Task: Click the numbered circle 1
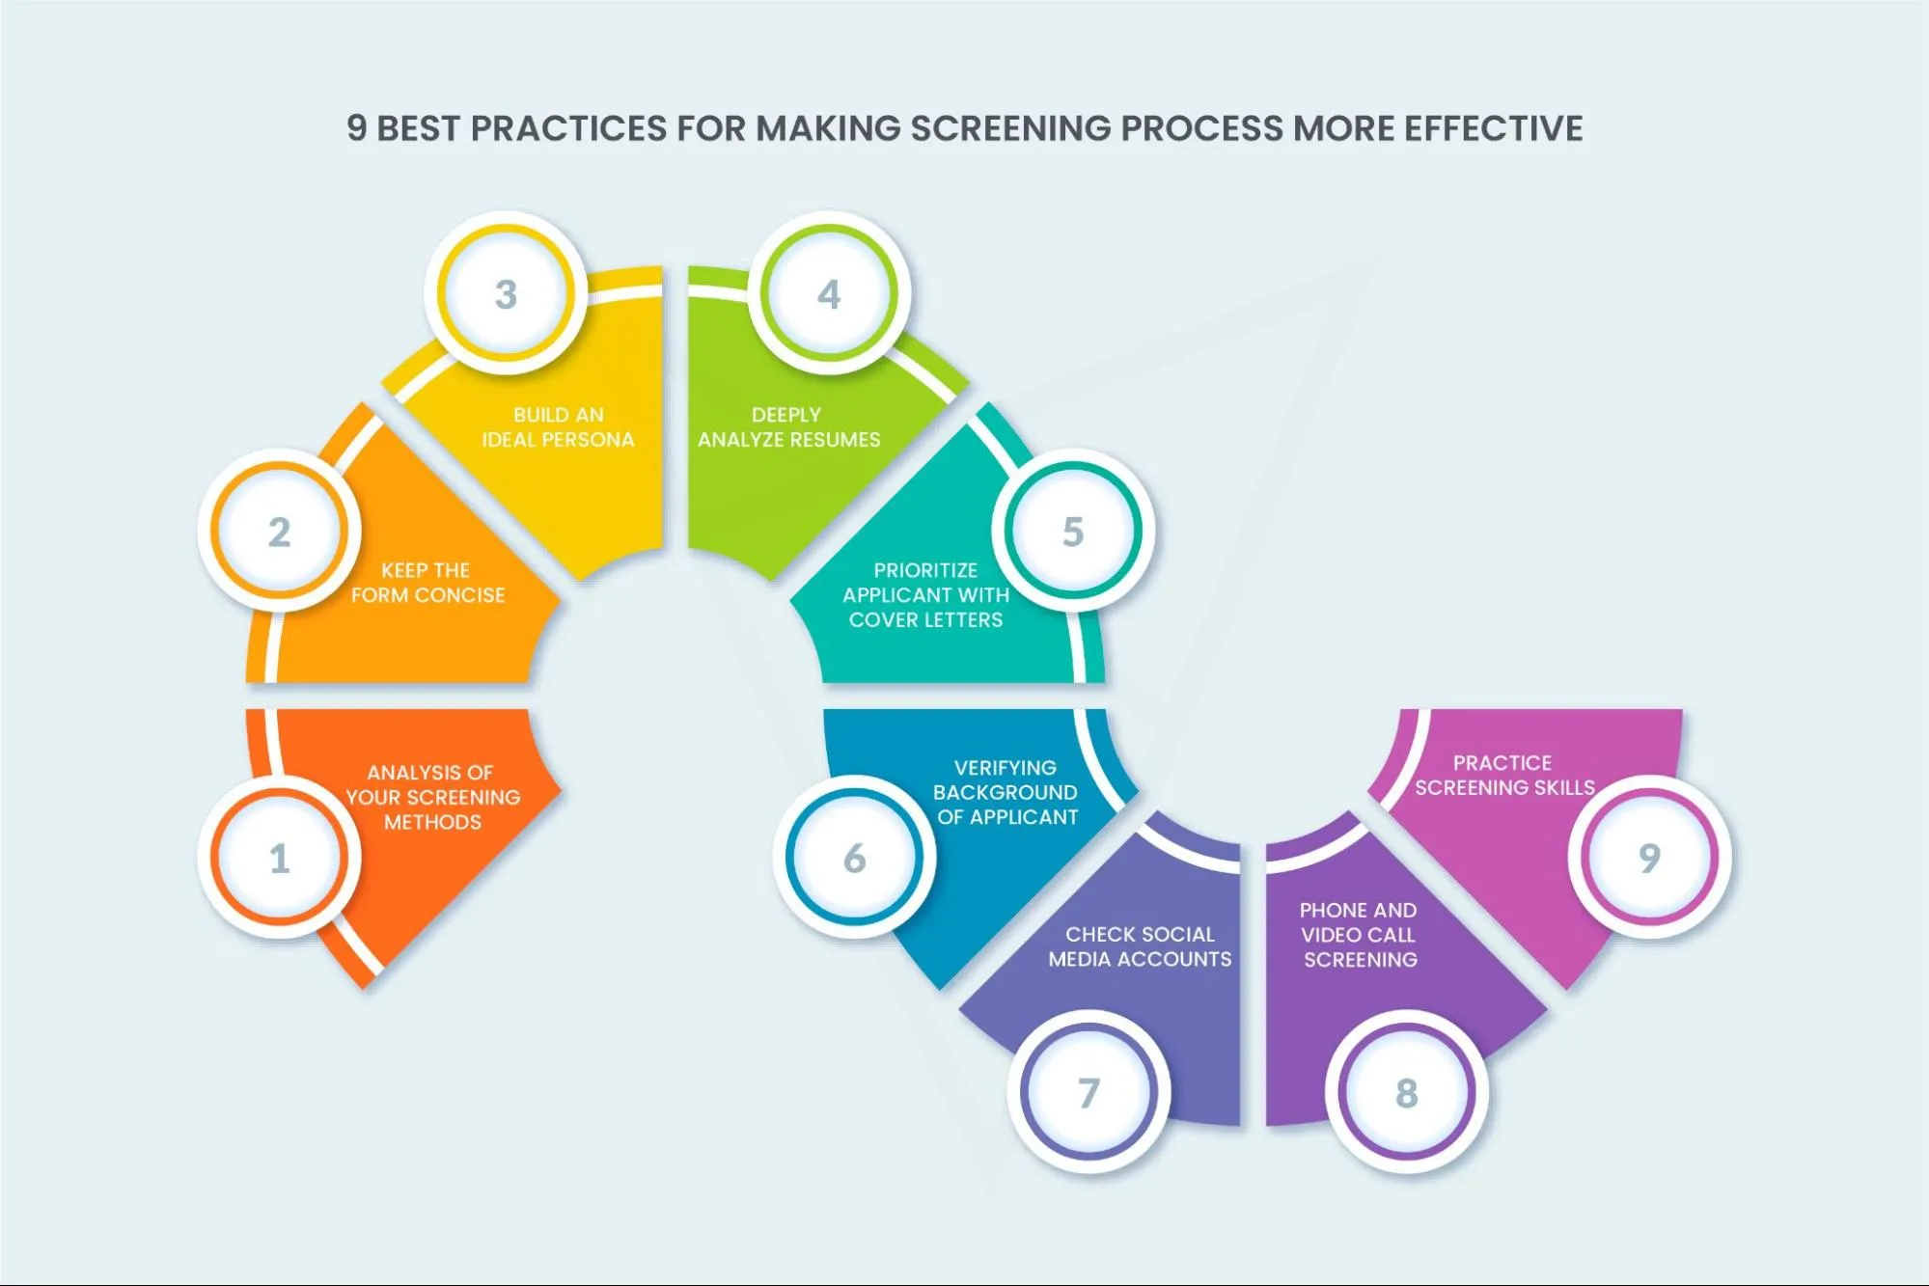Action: tap(279, 857)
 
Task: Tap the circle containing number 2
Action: tap(279, 531)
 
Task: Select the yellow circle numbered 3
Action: tap(506, 293)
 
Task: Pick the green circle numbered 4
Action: tap(829, 293)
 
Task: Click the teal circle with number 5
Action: tap(1073, 531)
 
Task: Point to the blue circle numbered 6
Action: tap(854, 857)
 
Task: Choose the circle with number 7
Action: tap(1089, 1092)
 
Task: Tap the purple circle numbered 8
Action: tap(1406, 1092)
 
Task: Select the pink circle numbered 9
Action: tap(1649, 857)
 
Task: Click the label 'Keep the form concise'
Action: tap(427, 583)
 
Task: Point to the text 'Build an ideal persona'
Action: tap(558, 427)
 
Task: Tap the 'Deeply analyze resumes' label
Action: tap(788, 427)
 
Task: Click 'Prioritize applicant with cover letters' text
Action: tap(925, 595)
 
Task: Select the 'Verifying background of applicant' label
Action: tap(1006, 792)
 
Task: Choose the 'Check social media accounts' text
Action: tap(1140, 946)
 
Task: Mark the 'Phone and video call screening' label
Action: tap(1359, 935)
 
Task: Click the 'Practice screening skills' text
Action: tap(1504, 775)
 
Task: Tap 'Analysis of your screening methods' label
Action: tap(432, 797)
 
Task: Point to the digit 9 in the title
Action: tap(357, 128)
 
